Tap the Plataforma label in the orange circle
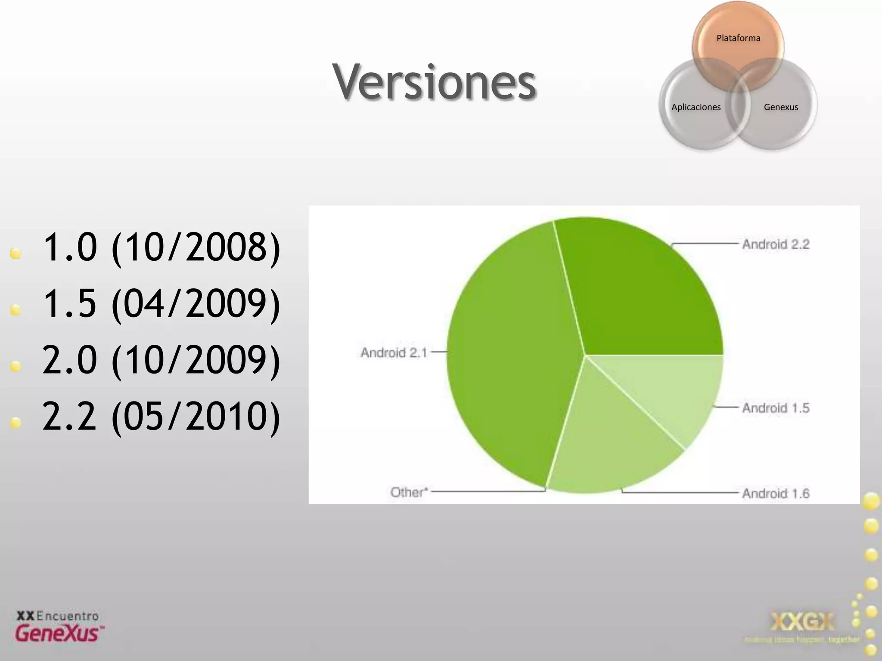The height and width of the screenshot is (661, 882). (x=738, y=38)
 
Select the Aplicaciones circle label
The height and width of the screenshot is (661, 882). (x=696, y=107)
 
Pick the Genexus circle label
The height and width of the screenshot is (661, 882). (x=781, y=107)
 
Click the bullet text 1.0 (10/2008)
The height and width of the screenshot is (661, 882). (x=161, y=247)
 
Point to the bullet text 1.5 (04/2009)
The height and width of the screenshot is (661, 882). (x=161, y=304)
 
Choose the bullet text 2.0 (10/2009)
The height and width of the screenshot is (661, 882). (x=161, y=360)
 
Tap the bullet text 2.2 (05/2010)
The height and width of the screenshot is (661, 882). (x=161, y=416)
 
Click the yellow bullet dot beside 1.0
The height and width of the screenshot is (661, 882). (x=16, y=253)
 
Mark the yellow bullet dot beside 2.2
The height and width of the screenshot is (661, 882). (x=16, y=423)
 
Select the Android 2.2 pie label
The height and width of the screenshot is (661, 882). (x=776, y=244)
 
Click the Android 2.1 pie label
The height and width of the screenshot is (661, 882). (x=394, y=353)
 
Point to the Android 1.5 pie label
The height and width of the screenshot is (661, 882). (x=776, y=408)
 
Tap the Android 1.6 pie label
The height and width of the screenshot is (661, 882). (x=776, y=494)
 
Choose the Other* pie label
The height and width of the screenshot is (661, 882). (x=409, y=492)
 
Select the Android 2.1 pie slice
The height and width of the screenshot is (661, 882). (x=512, y=357)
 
